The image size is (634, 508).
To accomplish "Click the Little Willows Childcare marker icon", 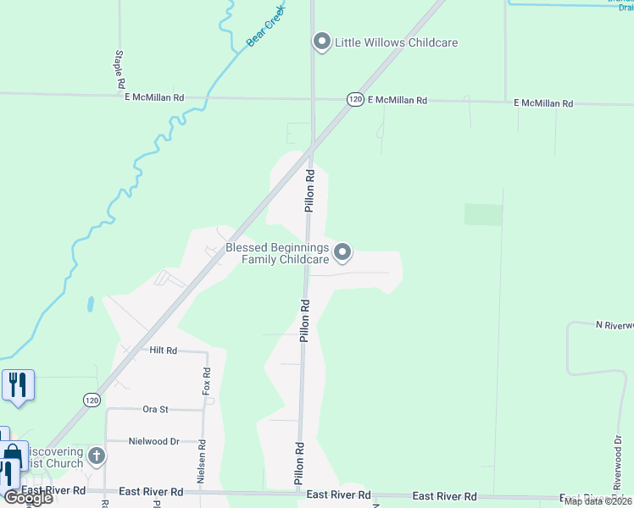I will [x=321, y=41].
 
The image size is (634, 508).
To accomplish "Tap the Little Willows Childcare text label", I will [x=397, y=42].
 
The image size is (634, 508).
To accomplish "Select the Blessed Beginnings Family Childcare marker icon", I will [x=342, y=251].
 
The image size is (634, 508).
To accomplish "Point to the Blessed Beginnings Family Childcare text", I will [x=276, y=253].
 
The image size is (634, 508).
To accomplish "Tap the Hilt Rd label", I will [x=163, y=350].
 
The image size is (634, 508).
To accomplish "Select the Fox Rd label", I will [x=205, y=382].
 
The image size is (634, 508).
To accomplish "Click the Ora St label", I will [x=155, y=409].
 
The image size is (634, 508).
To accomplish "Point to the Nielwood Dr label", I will [x=153, y=441].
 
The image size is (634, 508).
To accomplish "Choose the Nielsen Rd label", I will [x=202, y=462].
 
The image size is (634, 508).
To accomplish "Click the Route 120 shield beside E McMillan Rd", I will [x=355, y=100].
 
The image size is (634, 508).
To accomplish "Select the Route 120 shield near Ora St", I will [x=92, y=399].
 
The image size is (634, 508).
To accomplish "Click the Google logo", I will [x=28, y=498].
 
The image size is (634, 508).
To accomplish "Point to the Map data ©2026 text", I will [x=597, y=501].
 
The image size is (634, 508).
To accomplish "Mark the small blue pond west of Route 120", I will [x=90, y=302].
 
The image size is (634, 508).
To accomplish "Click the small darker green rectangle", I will [x=483, y=214].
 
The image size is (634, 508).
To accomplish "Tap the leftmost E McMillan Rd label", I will [x=154, y=97].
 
